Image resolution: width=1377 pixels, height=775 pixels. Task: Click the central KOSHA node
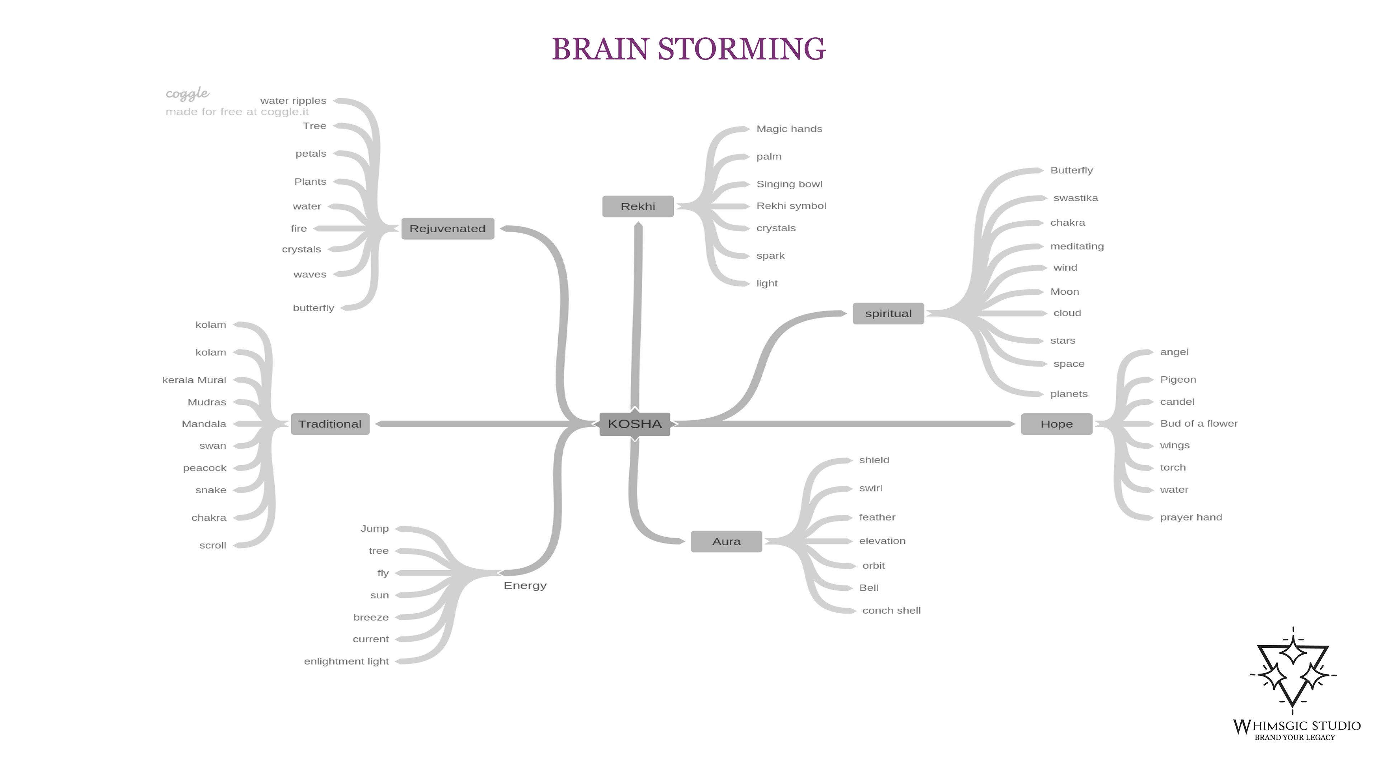click(634, 424)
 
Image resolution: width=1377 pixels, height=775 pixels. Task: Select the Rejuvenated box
click(448, 229)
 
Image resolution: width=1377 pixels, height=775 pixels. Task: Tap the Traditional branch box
click(330, 424)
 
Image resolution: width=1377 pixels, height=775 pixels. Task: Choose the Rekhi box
click(638, 206)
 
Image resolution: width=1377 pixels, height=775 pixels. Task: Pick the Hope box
click(1057, 424)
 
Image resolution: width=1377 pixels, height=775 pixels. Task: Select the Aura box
click(727, 541)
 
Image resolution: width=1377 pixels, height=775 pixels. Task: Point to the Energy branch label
click(525, 586)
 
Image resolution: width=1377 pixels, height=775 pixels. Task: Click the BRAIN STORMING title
click(688, 49)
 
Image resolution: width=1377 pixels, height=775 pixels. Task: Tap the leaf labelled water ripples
click(293, 100)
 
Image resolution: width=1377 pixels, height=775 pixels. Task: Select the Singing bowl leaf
click(789, 184)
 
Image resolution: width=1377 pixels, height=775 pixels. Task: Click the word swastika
click(1075, 198)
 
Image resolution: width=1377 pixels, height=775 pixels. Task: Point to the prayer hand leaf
click(1191, 517)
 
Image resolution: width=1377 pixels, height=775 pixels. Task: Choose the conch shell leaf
click(891, 610)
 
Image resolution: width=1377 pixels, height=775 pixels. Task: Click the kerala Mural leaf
click(194, 380)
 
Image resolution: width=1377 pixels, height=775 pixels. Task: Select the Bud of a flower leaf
click(1198, 423)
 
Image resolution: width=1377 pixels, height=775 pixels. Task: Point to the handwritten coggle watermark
click(187, 94)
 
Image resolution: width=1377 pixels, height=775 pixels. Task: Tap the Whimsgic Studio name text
click(1297, 726)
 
